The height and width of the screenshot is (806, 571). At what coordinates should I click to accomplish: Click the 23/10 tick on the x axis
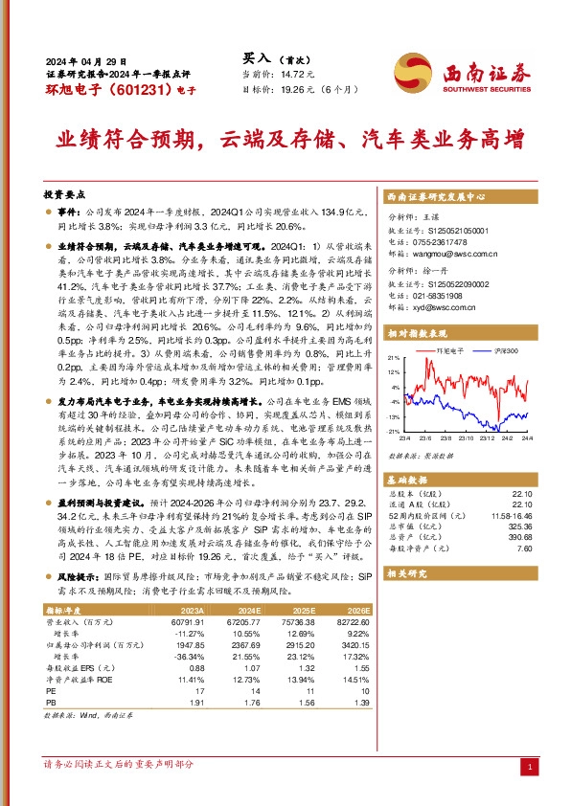(463, 437)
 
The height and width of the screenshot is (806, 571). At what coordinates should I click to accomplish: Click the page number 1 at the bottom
(529, 769)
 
